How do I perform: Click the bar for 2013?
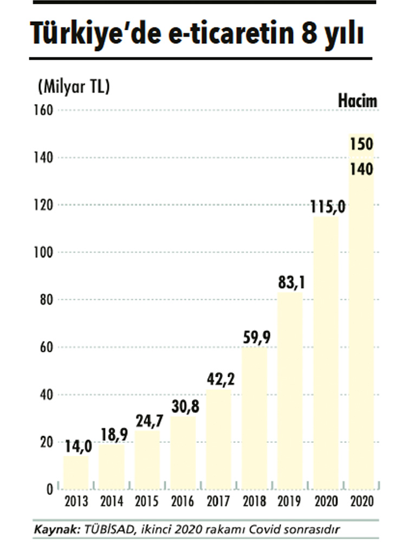(x=76, y=473)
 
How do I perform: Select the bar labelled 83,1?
(x=290, y=390)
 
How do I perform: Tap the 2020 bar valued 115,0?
(x=326, y=352)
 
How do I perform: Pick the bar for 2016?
(x=183, y=453)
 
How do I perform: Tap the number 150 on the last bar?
(x=361, y=145)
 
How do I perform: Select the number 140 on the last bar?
(x=361, y=169)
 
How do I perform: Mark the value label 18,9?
(x=112, y=435)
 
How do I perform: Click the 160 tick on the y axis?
(x=45, y=110)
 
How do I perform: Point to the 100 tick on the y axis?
(x=45, y=253)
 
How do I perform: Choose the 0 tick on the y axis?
(x=49, y=489)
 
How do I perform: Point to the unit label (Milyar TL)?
(x=73, y=86)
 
